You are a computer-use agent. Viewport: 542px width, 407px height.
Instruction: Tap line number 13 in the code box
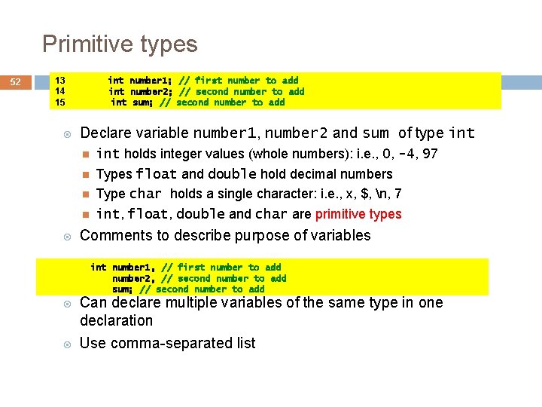[x=60, y=80]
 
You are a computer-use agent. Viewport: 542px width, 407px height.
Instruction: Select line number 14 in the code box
[x=60, y=91]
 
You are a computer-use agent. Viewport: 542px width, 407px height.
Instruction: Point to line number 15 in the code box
[x=60, y=102]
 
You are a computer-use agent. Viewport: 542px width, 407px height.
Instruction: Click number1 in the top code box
[x=151, y=80]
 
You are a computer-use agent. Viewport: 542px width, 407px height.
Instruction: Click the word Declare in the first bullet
[x=106, y=133]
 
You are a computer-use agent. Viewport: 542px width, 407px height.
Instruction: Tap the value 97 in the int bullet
[x=430, y=154]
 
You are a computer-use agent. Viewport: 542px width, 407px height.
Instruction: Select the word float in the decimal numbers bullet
[x=157, y=174]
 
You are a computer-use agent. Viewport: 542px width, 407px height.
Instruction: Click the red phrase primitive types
[x=358, y=214]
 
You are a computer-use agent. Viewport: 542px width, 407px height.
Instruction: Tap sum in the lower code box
[x=121, y=289]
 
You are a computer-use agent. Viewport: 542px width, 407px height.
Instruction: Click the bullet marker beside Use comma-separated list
[x=67, y=344]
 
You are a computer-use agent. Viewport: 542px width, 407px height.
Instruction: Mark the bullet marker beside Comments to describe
[x=67, y=236]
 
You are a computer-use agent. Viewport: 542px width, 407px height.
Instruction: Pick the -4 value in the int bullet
[x=406, y=154]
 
